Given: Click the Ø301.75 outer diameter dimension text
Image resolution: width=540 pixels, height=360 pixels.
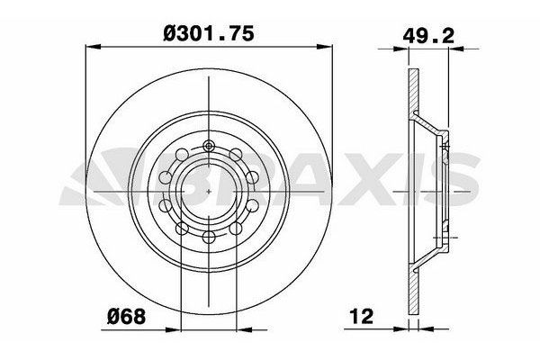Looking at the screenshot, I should point(208,33).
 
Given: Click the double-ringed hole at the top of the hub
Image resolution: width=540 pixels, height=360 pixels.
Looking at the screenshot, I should point(209,147).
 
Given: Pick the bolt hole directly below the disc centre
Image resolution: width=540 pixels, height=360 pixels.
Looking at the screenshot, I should point(209,237).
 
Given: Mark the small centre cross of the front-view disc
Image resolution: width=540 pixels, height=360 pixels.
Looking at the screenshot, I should point(209,192).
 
